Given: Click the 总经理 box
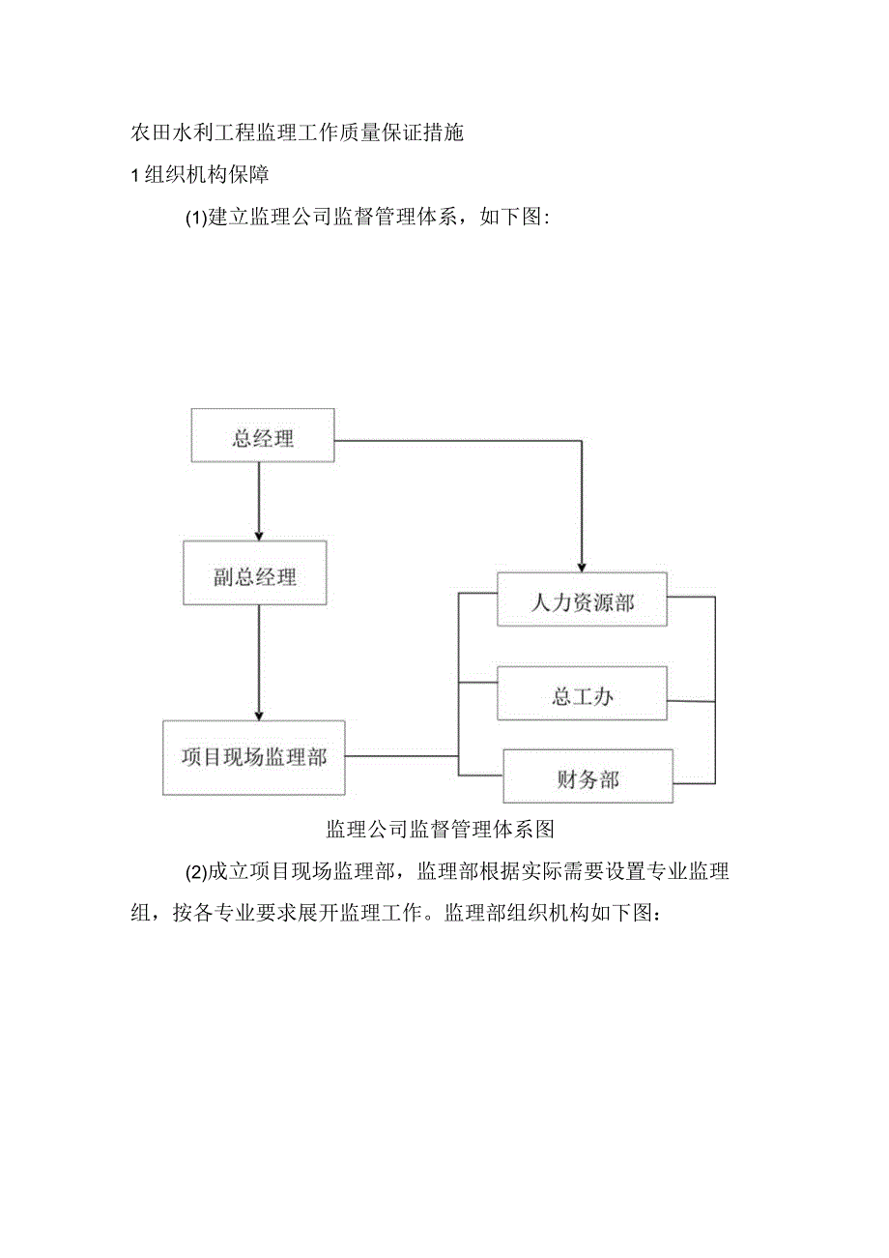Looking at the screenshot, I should [x=263, y=439].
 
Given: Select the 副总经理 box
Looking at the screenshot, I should [x=255, y=578].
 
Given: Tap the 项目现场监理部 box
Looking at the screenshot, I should [x=253, y=757].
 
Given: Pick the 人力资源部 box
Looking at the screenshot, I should [x=582, y=601].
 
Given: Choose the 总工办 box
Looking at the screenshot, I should [x=582, y=695].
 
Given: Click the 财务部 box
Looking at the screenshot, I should [x=588, y=778].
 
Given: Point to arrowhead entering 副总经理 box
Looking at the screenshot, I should [x=258, y=535].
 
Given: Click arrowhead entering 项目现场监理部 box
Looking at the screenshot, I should [x=258, y=715].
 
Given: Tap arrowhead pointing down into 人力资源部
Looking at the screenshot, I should [x=581, y=567].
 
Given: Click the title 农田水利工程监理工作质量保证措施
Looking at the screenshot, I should [x=297, y=133].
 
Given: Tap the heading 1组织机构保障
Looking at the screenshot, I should [x=200, y=176].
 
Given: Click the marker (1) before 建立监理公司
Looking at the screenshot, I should [x=196, y=219].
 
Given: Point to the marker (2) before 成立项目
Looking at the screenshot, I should [x=196, y=872].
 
